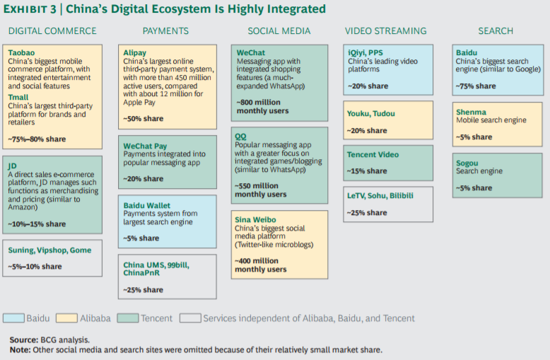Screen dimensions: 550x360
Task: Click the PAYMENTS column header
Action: tap(165, 31)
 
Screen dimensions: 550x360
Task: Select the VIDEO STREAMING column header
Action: tap(385, 31)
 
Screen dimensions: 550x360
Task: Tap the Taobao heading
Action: tap(21, 52)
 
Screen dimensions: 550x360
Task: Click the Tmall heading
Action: tap(18, 97)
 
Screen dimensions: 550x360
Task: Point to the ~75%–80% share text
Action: tap(37, 139)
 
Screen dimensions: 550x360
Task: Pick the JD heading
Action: tap(12, 166)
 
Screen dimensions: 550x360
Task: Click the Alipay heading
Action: tap(135, 52)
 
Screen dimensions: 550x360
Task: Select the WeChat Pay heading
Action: tap(145, 146)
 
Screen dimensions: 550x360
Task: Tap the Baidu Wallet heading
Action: tap(146, 205)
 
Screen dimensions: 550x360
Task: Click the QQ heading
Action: tap(240, 137)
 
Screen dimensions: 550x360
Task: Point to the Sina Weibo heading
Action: tap(255, 220)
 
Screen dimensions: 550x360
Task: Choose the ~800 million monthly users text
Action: tap(262, 106)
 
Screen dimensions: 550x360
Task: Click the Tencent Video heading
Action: tap(373, 154)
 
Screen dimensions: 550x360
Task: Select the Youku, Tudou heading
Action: tap(370, 113)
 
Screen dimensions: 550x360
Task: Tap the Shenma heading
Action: tap(471, 112)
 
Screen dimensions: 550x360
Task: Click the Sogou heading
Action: tap(467, 163)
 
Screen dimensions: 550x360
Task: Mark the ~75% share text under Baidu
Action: tap(476, 86)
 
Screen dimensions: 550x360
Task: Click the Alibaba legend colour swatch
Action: tap(66, 318)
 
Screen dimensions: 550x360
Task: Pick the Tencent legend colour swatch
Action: tap(128, 318)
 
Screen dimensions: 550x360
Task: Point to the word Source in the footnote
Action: tap(23, 339)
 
